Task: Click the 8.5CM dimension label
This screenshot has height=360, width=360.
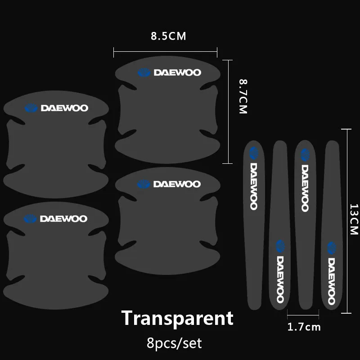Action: coord(168,36)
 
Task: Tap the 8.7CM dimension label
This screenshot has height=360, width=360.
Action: coord(243,96)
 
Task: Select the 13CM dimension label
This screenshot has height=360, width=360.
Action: coord(353,219)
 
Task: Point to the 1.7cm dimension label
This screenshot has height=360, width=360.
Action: coord(304,327)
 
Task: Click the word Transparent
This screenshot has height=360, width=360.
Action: coord(178,318)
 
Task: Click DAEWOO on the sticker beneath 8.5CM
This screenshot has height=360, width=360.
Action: coord(177,72)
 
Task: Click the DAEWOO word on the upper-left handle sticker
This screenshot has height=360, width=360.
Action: coord(64,108)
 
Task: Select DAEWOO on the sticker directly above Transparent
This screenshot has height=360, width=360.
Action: coord(177,184)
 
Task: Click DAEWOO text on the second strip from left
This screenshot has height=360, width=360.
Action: coord(280,279)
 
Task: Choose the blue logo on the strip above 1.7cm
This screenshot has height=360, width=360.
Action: coord(305,154)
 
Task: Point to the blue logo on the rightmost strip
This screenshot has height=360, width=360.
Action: coord(332,248)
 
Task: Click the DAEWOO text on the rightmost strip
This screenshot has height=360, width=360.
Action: coord(332,281)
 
